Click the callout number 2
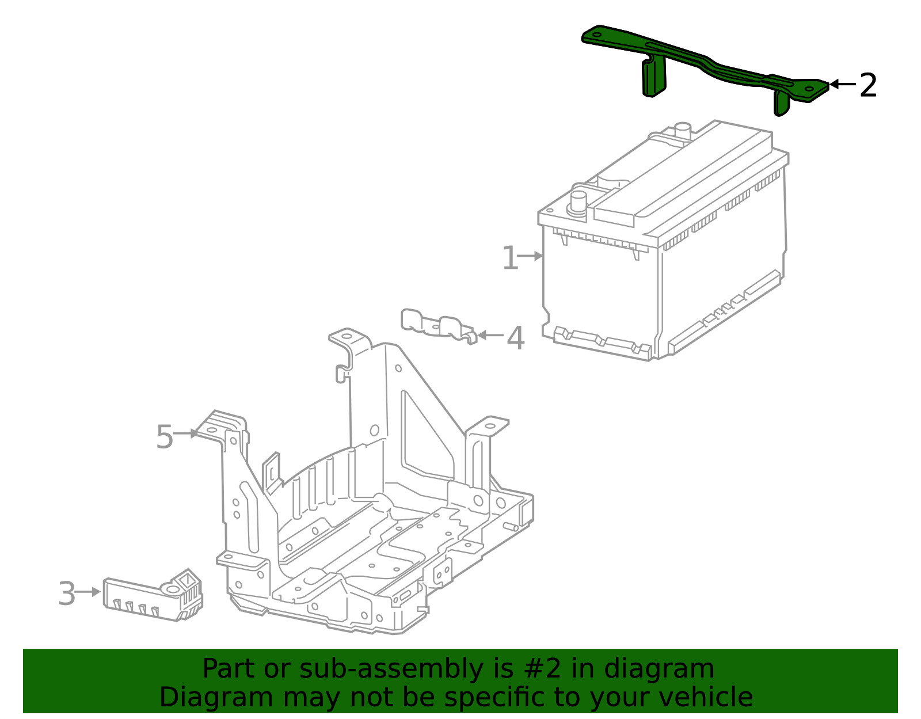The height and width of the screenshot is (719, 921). click(x=868, y=86)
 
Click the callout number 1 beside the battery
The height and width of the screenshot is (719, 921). click(x=509, y=258)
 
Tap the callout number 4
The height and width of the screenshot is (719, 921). click(x=515, y=338)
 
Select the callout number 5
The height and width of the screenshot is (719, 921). click(x=164, y=437)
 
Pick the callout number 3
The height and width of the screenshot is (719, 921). click(x=67, y=594)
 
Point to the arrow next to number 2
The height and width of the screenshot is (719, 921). click(x=842, y=85)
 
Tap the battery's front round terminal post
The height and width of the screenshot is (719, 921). click(x=578, y=203)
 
